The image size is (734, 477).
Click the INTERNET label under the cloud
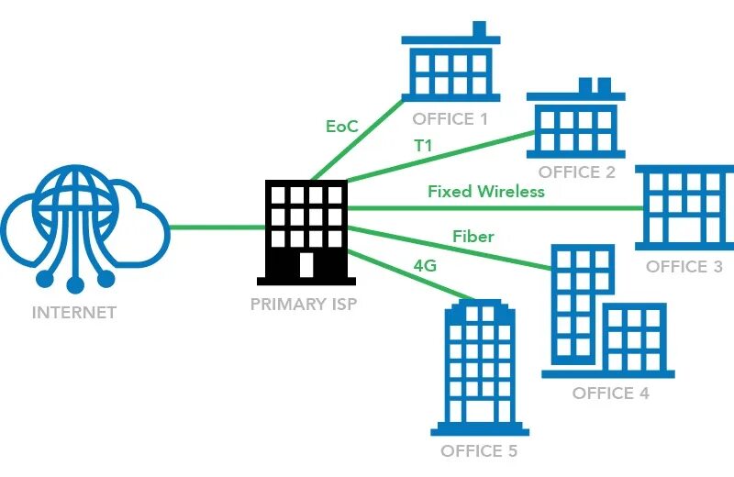[74, 312]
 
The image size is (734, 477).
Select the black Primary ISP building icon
[306, 230]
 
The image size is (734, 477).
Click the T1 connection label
[423, 146]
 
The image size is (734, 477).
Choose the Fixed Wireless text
[486, 192]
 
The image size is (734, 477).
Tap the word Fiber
[473, 237]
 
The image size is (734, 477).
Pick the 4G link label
[424, 266]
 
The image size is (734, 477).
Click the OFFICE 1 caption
[450, 119]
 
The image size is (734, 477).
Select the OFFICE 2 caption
[576, 172]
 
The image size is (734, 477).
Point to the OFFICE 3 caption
[684, 267]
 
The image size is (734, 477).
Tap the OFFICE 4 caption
[610, 393]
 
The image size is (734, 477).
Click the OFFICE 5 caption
[479, 450]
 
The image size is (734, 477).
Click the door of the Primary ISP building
[306, 264]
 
